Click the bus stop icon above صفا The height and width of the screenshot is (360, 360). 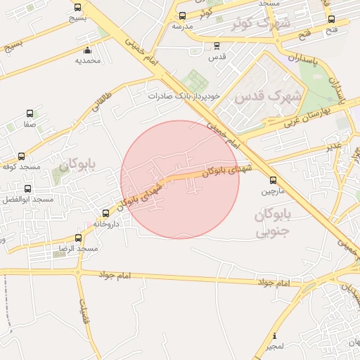[30, 113]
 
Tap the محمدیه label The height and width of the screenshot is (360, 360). [89, 60]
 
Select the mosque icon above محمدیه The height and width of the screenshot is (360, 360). [87, 50]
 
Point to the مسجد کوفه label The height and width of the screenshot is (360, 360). [20, 167]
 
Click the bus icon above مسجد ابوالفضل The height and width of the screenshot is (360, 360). [28, 189]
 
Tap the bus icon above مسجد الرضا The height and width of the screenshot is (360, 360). [78, 239]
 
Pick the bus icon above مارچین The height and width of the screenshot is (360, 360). [273, 179]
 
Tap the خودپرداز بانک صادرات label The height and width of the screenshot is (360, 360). [184, 95]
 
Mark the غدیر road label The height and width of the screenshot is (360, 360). [333, 145]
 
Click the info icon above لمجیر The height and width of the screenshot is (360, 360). [275, 335]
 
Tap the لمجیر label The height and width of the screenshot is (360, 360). [275, 347]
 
